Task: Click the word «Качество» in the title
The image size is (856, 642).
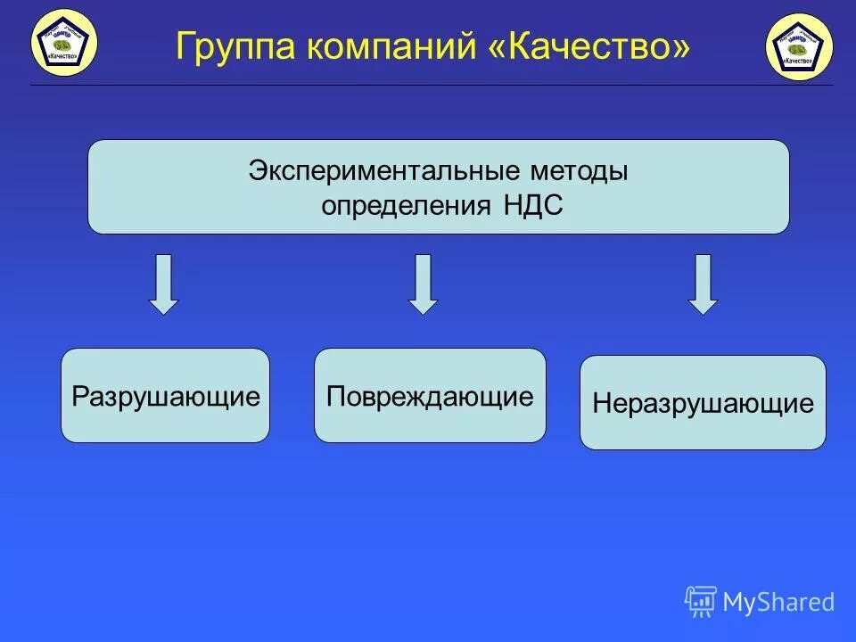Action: click(588, 46)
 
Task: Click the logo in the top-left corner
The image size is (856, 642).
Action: click(64, 43)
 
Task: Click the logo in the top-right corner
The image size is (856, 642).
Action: click(798, 47)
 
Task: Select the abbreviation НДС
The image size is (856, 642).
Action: click(531, 205)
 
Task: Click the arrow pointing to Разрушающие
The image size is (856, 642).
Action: click(163, 284)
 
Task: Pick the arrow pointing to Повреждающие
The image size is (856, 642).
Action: click(424, 284)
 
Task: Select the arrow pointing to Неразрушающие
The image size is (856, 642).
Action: click(704, 284)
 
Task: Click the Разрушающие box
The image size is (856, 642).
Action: click(165, 396)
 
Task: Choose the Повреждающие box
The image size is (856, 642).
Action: click(430, 396)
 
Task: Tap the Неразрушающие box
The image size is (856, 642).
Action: click(703, 403)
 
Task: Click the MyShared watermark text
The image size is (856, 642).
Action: click(778, 602)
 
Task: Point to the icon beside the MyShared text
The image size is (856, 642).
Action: click(700, 602)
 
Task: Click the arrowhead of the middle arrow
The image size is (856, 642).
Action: click(424, 305)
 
